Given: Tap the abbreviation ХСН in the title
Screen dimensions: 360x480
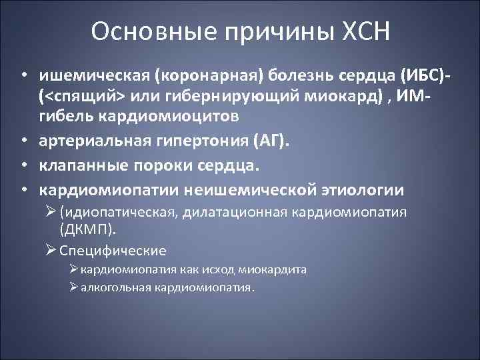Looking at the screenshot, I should tap(363, 32).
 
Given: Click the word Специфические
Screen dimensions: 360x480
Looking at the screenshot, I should tap(113, 251).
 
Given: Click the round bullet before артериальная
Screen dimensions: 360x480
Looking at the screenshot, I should tap(24, 142).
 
